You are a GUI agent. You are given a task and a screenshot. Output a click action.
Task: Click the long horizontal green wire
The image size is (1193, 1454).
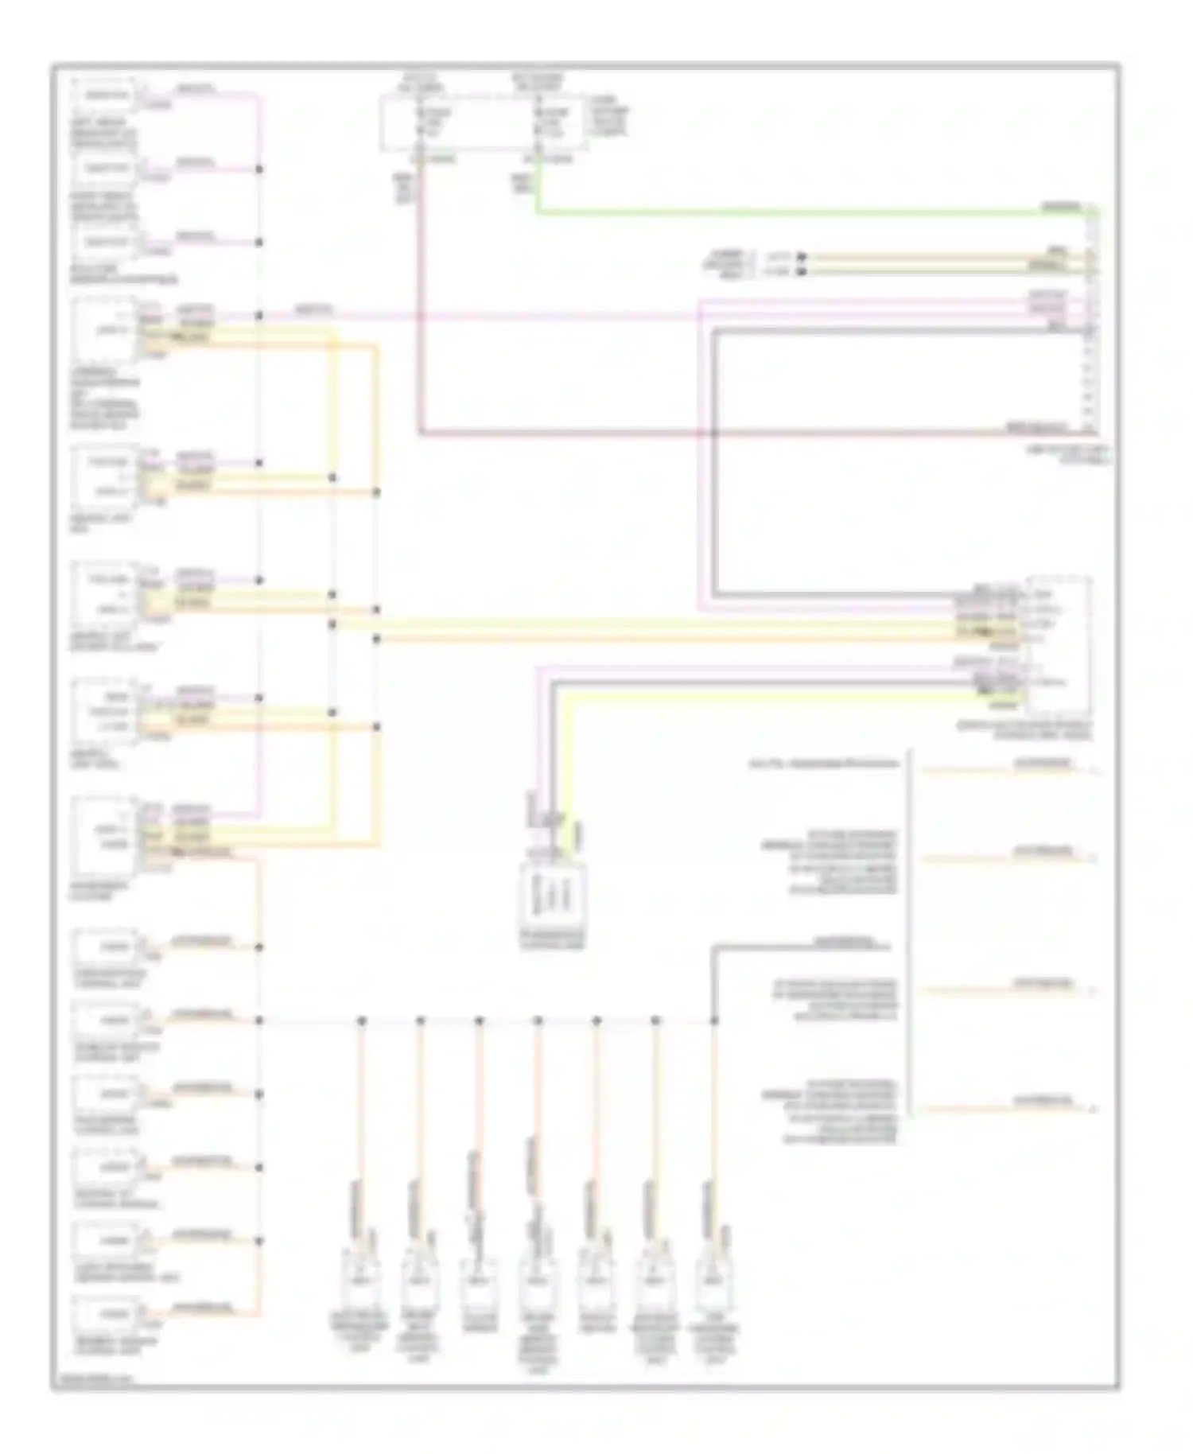[795, 212]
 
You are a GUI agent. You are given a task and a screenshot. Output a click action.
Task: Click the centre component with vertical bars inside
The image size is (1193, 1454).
[552, 896]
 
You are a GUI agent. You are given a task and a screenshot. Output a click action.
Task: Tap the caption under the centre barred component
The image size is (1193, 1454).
[552, 939]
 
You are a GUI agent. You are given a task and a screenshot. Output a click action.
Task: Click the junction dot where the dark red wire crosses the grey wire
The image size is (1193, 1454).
[714, 433]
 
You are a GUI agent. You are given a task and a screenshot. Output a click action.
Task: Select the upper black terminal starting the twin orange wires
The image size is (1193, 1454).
[802, 257]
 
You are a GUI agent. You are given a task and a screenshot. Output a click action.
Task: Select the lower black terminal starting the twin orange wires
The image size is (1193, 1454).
[802, 271]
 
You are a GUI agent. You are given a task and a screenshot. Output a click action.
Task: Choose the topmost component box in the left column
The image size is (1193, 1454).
[105, 95]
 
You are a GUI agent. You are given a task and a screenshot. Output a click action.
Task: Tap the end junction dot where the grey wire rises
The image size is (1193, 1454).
[714, 1021]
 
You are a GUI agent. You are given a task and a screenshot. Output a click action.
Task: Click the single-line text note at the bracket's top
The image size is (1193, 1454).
[824, 764]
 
